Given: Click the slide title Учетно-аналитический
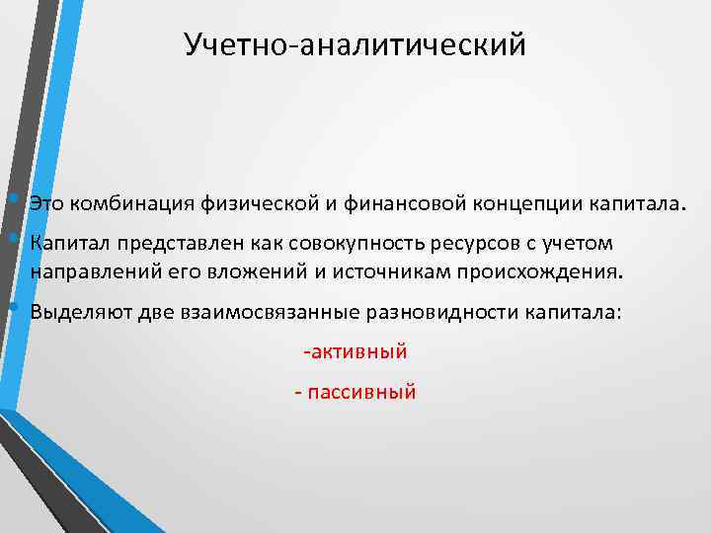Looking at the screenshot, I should coord(355,45).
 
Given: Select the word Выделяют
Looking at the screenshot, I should coord(75,312).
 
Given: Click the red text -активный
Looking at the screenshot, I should coord(355,351).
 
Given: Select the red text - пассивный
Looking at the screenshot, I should coord(355,392).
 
